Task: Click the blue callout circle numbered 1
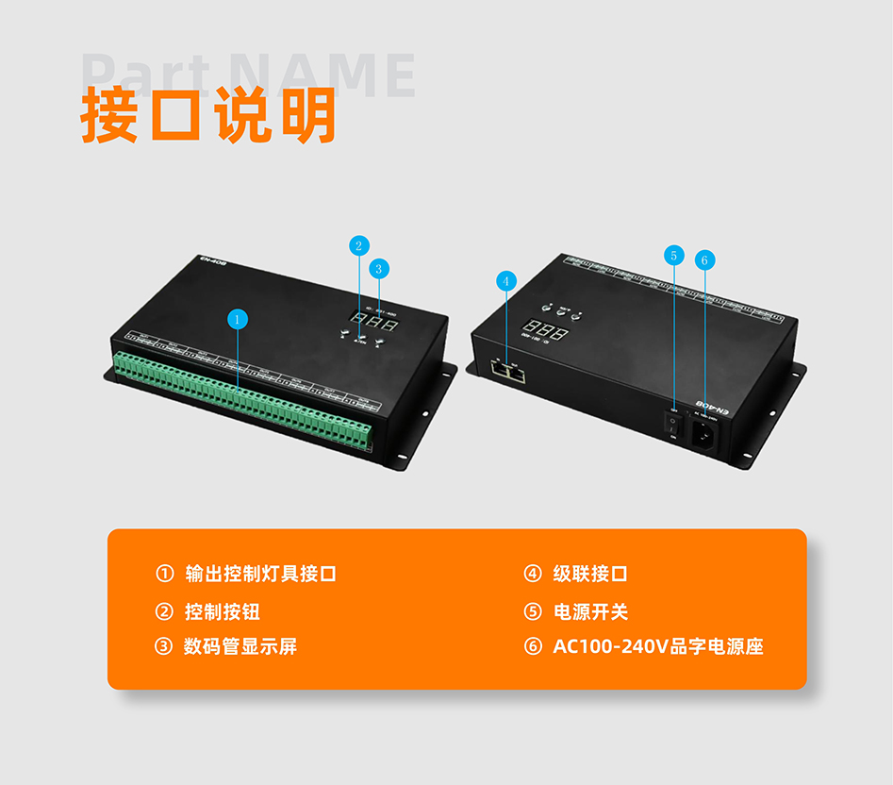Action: tap(238, 319)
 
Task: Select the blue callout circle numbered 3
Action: tap(378, 269)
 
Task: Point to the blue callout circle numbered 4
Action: tap(506, 280)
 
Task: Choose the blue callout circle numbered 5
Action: tap(673, 255)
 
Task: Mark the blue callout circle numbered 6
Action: tap(704, 259)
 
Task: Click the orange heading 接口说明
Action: tap(208, 116)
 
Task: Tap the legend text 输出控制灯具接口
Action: tap(261, 574)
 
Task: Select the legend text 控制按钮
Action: tap(223, 611)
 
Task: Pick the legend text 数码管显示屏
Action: tap(241, 646)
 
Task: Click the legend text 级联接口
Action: tap(590, 574)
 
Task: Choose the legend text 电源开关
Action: tap(590, 611)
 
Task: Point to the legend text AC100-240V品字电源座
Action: tap(657, 646)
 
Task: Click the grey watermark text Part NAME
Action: tap(250, 75)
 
